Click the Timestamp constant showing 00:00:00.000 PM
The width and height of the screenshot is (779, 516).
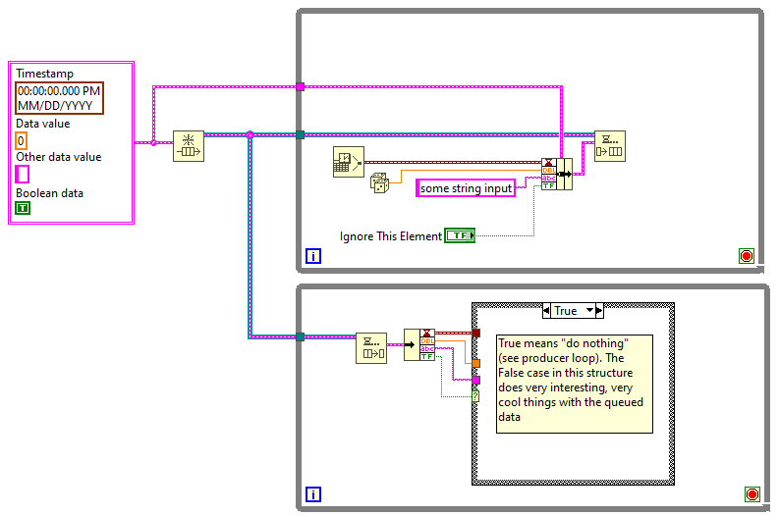(x=59, y=98)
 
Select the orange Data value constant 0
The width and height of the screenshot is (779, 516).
(x=21, y=141)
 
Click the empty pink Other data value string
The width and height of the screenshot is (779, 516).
(x=23, y=175)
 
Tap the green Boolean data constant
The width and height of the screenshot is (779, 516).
(x=23, y=208)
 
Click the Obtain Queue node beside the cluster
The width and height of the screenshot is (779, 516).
(x=189, y=146)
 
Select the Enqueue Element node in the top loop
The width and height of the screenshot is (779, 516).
(x=610, y=146)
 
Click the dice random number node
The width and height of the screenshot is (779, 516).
(x=379, y=182)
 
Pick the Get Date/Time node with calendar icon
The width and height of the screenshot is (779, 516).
(x=349, y=162)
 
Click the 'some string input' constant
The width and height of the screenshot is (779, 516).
(x=466, y=188)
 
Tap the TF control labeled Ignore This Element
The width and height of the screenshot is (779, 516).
(x=460, y=235)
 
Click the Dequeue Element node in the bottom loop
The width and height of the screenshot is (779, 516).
(x=371, y=348)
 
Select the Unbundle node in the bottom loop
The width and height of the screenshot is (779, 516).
(x=419, y=345)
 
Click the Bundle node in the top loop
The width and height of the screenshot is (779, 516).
(x=557, y=175)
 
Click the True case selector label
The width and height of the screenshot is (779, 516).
(x=566, y=311)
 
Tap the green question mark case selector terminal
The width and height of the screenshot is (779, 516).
(x=475, y=396)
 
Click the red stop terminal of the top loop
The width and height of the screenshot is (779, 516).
(x=747, y=256)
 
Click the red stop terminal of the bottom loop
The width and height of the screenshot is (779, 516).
(x=752, y=494)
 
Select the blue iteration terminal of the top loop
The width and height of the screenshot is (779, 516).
(x=313, y=256)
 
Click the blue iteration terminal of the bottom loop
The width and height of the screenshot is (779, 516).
(x=313, y=494)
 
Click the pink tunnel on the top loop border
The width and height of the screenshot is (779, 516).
(x=300, y=87)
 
